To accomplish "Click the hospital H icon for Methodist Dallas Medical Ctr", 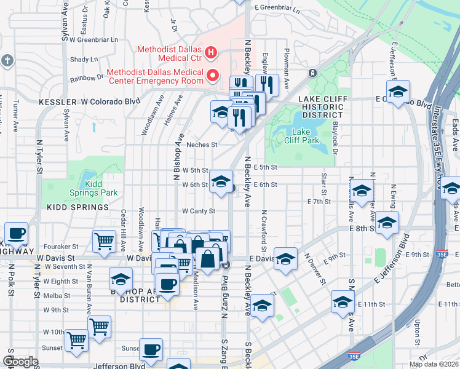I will tap(211, 53).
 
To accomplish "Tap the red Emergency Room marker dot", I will tap(213, 76).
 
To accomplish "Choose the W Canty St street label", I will tap(198, 211).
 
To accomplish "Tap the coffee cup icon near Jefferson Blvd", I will tap(151, 349).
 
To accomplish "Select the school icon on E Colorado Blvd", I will tap(398, 92).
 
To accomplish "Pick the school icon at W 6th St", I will tap(221, 181).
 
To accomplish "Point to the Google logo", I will tap(21, 362).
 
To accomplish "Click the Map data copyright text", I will tap(434, 364).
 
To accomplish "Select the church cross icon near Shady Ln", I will tap(7, 60).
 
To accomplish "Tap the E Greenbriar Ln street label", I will tap(277, 10).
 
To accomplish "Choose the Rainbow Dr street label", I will tap(86, 77).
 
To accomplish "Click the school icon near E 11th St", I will tap(343, 302).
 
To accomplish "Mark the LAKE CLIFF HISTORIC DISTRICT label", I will tap(320, 106).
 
